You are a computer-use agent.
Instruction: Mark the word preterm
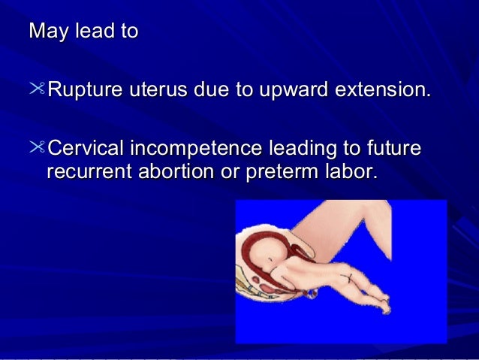click(277, 172)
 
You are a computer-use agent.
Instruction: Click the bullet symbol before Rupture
click(38, 91)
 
